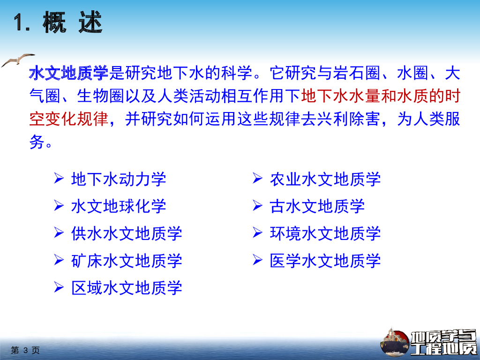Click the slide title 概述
[73, 22]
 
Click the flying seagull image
[18, 60]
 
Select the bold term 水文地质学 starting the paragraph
[68, 74]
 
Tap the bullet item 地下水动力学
[119, 180]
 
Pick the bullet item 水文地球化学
[119, 206]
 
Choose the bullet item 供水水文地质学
[127, 233]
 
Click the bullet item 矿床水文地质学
[127, 261]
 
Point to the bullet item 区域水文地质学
[127, 288]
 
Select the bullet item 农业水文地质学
[325, 180]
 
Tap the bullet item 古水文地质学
[317, 206]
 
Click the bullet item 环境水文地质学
[325, 233]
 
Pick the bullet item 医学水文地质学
[325, 261]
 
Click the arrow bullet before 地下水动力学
[59, 178]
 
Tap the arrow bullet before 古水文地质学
[257, 205]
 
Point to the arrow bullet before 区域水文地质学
[59, 287]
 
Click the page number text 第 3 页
[25, 350]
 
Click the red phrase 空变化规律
[68, 119]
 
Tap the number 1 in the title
[19, 22]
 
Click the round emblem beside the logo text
[395, 343]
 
